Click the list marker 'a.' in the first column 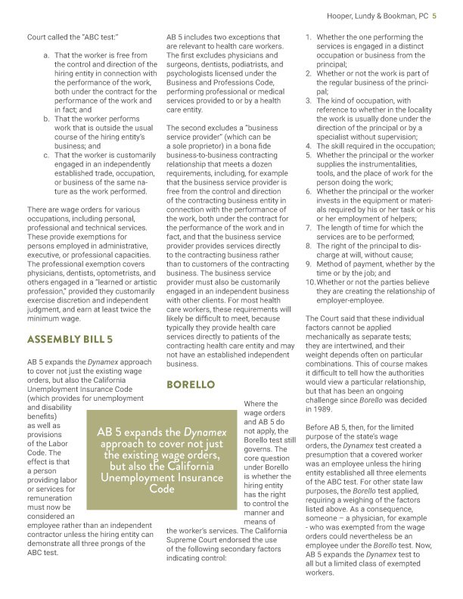click(47, 55)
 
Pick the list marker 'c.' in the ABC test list click(47, 155)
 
